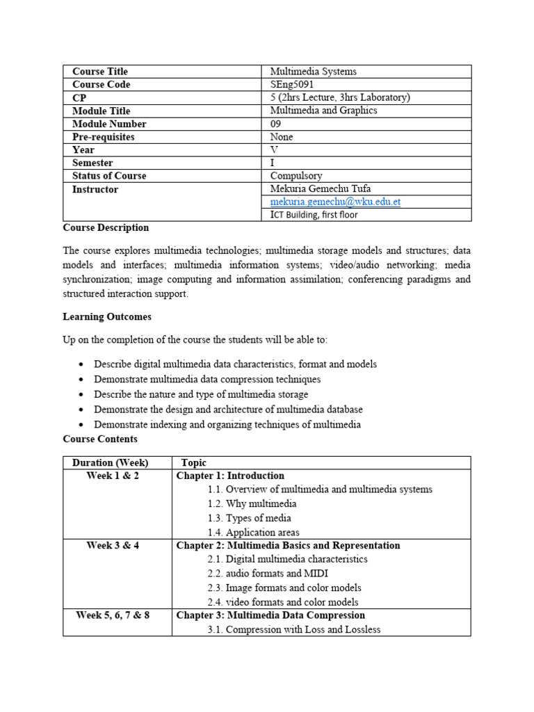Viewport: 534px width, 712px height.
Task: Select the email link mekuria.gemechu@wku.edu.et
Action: pos(335,202)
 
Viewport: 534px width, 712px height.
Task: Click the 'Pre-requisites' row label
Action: pos(104,137)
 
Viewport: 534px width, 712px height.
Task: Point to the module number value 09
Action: pos(276,124)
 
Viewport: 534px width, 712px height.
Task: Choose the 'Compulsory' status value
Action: pos(296,176)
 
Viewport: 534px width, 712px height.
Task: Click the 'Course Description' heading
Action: pos(106,227)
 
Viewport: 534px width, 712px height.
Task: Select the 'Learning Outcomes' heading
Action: pos(107,316)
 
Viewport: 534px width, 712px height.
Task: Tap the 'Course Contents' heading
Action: pos(100,439)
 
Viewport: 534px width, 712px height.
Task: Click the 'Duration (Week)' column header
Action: pos(111,463)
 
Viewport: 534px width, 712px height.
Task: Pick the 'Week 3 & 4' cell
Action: pos(113,545)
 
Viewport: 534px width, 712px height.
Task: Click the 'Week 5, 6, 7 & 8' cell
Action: pos(113,615)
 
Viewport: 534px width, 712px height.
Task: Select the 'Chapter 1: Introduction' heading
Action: pos(230,476)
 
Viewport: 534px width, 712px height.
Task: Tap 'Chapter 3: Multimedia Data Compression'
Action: pos(270,615)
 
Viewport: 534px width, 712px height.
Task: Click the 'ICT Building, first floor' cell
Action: pos(314,215)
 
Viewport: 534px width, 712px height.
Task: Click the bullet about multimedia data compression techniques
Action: pos(207,380)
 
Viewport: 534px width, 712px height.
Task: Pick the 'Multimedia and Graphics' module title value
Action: pos(323,111)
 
